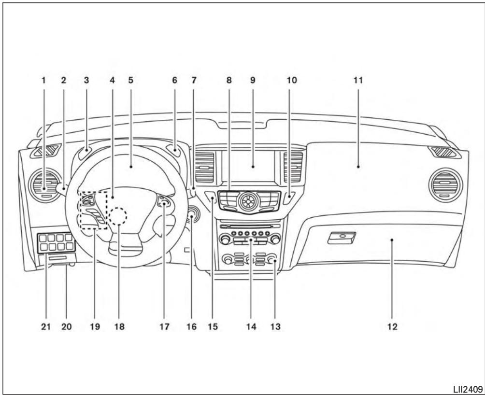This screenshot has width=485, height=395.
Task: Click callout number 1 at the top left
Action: [43, 81]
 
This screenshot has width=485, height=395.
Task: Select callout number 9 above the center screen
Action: [253, 81]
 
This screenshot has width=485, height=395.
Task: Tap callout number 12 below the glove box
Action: [392, 327]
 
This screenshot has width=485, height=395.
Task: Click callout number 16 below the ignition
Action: [191, 327]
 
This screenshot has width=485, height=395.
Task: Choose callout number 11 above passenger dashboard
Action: [358, 81]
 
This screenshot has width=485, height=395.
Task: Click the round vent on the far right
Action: [445, 185]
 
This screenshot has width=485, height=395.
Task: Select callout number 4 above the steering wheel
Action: [112, 81]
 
